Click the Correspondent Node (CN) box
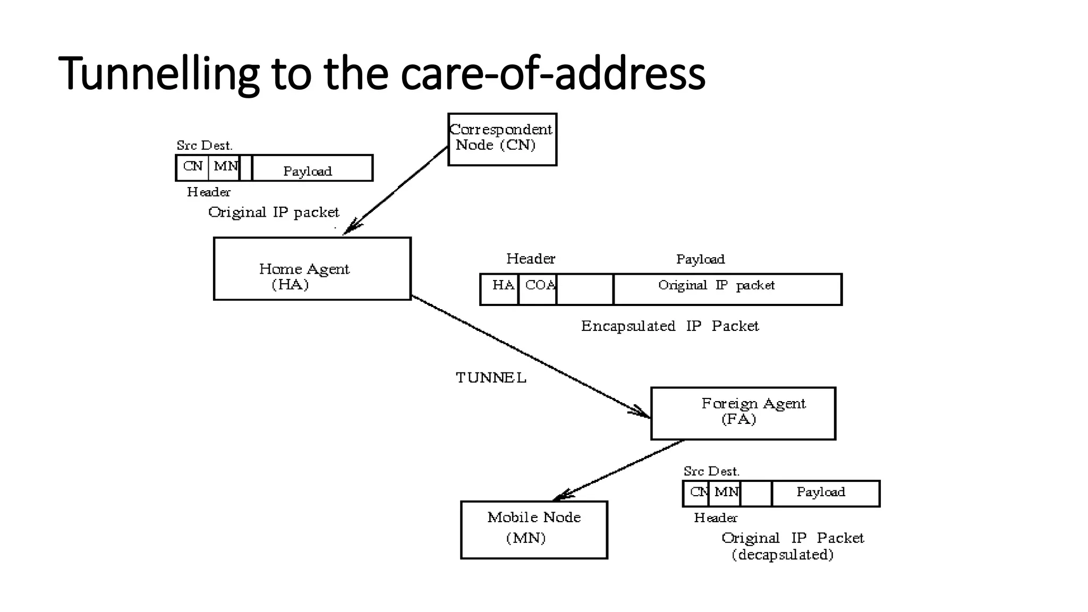(502, 139)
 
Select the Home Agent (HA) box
(312, 269)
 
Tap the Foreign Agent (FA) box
(743, 413)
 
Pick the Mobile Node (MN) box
(533, 530)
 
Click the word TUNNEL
(491, 378)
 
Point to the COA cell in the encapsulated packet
(538, 289)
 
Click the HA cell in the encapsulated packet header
(500, 289)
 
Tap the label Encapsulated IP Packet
(669, 326)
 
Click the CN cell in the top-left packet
(192, 167)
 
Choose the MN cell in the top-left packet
(224, 167)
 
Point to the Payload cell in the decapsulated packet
(825, 494)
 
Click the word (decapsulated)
(782, 555)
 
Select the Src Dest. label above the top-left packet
(205, 145)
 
